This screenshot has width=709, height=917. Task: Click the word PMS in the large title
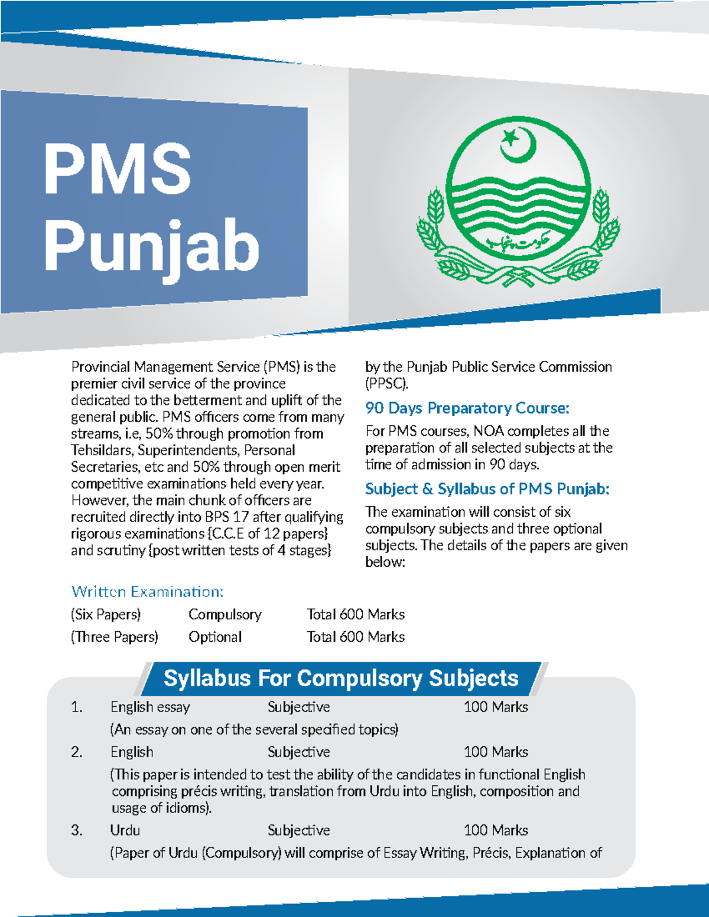118,169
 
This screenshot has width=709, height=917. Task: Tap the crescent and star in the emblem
518,144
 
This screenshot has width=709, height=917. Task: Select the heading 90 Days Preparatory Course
467,408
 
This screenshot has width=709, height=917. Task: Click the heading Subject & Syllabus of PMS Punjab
487,489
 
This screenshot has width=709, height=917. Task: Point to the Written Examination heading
147,592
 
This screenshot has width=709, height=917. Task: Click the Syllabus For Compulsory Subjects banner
341,678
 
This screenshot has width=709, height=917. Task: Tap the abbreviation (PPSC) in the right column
386,383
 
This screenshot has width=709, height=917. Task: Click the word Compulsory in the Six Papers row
225,615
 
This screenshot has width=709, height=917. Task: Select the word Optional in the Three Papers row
215,637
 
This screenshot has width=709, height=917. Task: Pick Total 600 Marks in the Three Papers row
355,637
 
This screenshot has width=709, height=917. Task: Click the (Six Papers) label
106,615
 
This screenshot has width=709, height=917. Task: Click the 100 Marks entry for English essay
496,707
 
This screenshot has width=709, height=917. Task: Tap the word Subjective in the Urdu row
298,830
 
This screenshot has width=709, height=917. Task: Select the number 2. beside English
77,752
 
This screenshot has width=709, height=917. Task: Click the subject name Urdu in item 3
125,830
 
